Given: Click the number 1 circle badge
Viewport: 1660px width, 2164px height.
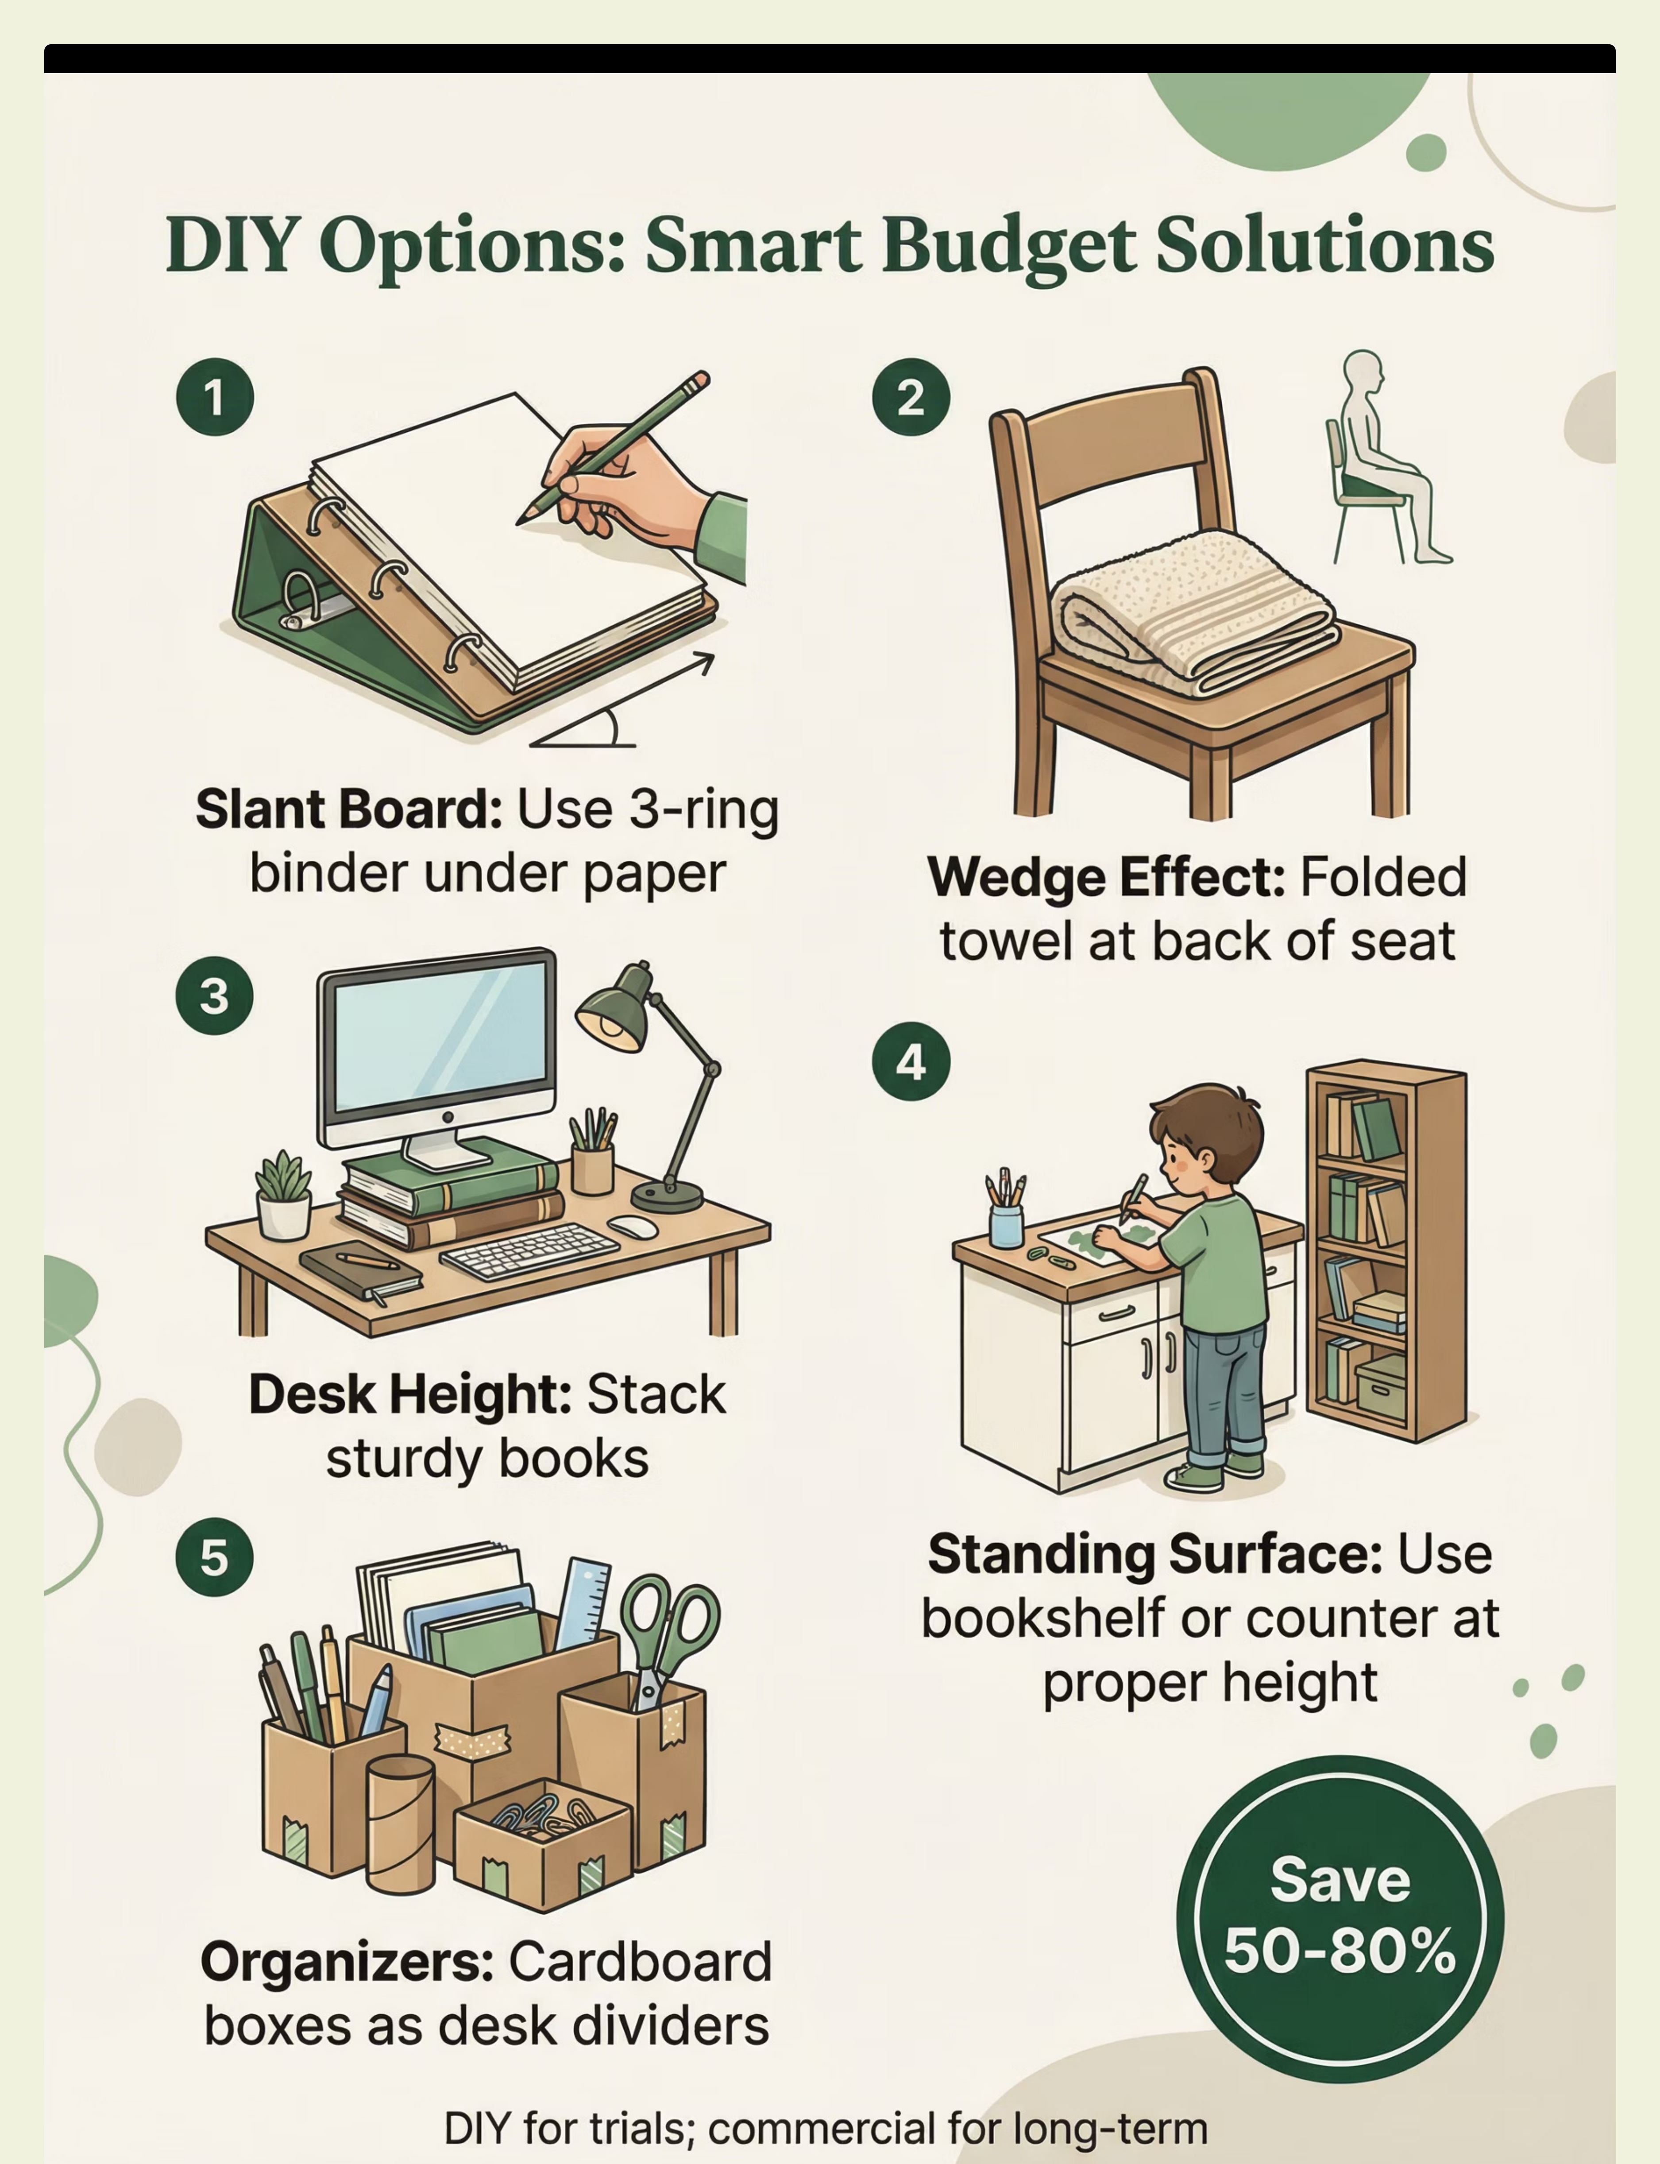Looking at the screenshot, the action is coord(214,397).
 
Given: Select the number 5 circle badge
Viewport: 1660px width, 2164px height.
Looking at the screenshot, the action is coord(214,1557).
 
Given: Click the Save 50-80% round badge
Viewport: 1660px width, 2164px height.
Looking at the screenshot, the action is coord(1340,1919).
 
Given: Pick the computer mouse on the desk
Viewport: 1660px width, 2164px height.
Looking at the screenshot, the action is coord(633,1226).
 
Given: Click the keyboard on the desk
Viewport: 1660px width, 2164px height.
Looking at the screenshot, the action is coord(529,1250).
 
